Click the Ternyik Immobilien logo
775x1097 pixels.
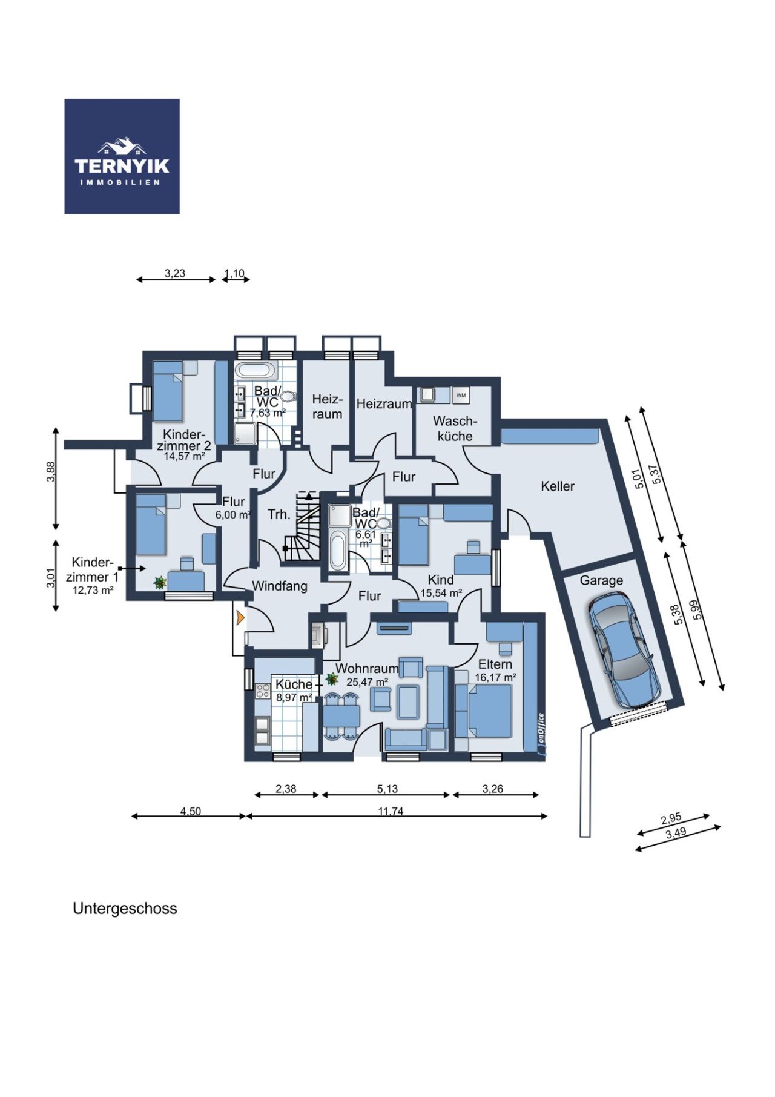[x=122, y=156]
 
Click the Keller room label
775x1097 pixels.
[x=558, y=486]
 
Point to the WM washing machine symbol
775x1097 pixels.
[x=461, y=396]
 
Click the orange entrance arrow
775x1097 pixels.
[x=240, y=618]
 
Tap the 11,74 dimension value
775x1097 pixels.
[x=391, y=811]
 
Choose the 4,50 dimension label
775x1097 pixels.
[x=190, y=811]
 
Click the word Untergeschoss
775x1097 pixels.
[x=125, y=909]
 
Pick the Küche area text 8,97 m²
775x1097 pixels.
[x=294, y=697]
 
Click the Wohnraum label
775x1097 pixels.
[x=367, y=669]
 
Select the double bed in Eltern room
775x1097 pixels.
[x=484, y=710]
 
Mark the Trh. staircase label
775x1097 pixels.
[x=279, y=515]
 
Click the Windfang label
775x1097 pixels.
[x=280, y=586]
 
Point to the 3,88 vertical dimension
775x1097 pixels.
[x=51, y=471]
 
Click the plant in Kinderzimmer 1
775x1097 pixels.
[x=160, y=583]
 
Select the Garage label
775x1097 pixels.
[x=601, y=580]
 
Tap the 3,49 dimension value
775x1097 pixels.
[x=676, y=833]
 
